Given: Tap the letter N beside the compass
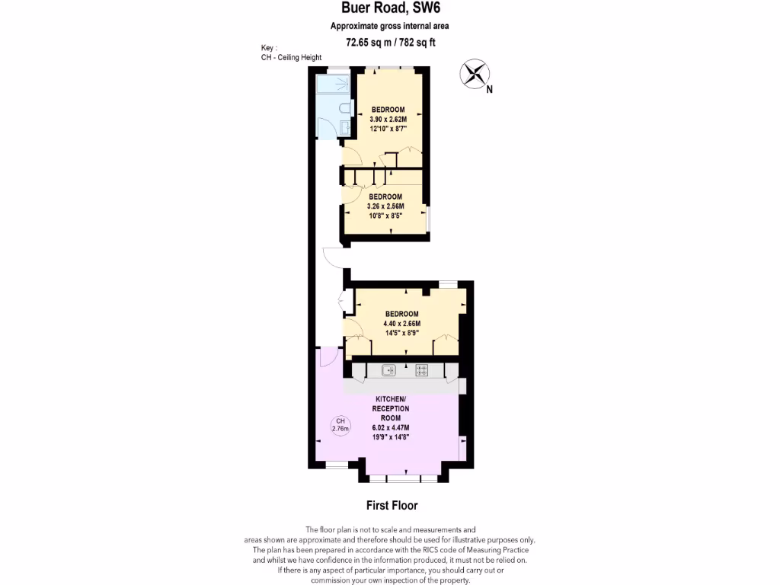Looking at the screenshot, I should pyautogui.click(x=489, y=89).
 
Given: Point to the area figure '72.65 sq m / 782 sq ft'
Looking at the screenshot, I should pyautogui.click(x=390, y=43).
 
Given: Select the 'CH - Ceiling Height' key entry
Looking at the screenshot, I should pyautogui.click(x=291, y=58).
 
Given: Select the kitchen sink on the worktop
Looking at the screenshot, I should pyautogui.click(x=388, y=371).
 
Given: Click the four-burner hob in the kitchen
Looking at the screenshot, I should pyautogui.click(x=421, y=371).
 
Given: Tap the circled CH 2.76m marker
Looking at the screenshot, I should pyautogui.click(x=340, y=425).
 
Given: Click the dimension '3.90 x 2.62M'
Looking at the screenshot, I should pyautogui.click(x=388, y=120).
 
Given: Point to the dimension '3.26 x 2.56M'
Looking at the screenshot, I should pyautogui.click(x=385, y=206).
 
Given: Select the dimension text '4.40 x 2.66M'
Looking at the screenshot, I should pyautogui.click(x=402, y=324).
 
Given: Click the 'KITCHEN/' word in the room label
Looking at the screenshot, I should pyautogui.click(x=390, y=400).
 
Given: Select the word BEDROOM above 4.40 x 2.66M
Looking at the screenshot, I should pyautogui.click(x=402, y=314).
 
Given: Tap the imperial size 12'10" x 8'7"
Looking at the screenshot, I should pyautogui.click(x=388, y=129).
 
